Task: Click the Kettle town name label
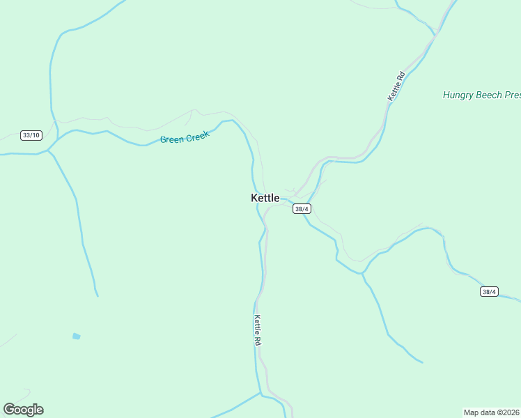coord(265,198)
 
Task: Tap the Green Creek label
coord(185,137)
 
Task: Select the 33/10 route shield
coord(31,135)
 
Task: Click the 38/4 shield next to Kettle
coord(302,209)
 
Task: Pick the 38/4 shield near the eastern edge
coord(489,292)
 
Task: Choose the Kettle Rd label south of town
coord(258,330)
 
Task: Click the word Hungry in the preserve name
coord(458,95)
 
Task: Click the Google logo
coord(23,410)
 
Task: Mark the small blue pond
coord(76,336)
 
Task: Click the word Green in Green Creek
coord(172,139)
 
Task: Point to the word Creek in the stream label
coord(197,135)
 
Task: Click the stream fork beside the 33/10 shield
coord(49,149)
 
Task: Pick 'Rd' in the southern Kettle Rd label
coord(258,341)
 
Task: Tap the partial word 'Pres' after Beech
coord(513,95)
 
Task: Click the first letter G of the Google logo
coord(9,409)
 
